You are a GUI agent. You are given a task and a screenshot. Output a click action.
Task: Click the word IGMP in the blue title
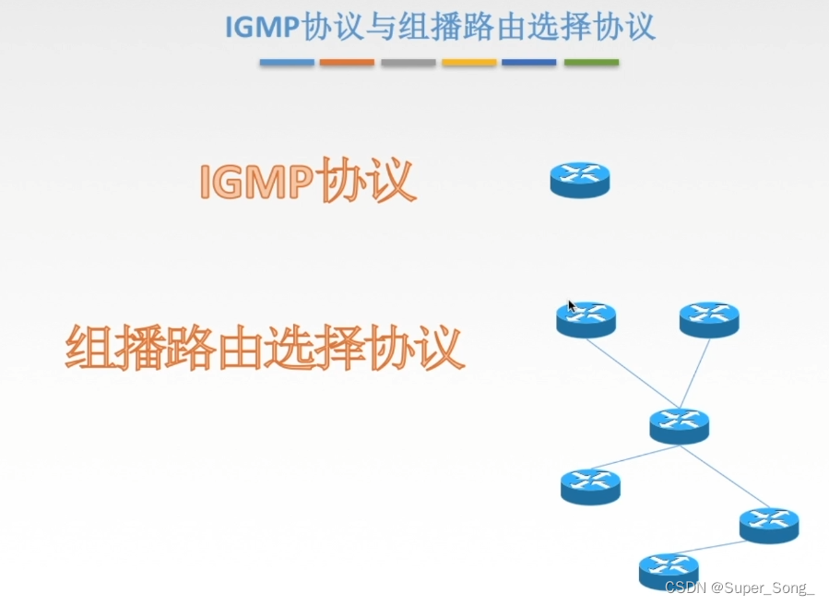click(x=262, y=27)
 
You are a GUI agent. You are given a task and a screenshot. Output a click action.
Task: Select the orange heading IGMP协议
click(x=307, y=181)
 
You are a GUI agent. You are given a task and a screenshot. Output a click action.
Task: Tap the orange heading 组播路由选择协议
click(x=265, y=346)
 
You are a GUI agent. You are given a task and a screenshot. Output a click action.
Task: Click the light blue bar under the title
click(x=287, y=63)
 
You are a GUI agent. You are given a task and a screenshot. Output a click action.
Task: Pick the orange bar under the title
click(x=347, y=63)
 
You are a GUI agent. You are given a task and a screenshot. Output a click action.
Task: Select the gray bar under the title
click(x=408, y=63)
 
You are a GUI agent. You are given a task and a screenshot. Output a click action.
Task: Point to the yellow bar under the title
click(x=468, y=63)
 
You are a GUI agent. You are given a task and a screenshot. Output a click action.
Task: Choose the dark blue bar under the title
click(x=528, y=63)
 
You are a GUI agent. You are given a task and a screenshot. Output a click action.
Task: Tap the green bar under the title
click(x=591, y=63)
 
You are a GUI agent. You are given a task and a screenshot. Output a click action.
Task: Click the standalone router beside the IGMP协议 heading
click(x=580, y=179)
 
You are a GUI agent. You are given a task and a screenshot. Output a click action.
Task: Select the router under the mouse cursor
click(x=586, y=319)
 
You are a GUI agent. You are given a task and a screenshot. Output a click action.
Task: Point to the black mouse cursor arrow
click(x=571, y=306)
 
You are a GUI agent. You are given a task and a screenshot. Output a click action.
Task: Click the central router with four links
click(x=679, y=425)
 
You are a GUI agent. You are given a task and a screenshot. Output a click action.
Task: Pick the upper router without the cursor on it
click(x=709, y=319)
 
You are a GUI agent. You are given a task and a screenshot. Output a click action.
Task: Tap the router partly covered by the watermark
click(x=668, y=569)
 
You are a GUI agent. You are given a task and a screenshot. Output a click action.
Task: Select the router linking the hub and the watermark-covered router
click(x=768, y=525)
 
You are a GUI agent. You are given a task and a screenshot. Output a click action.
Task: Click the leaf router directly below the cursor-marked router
click(x=590, y=486)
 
